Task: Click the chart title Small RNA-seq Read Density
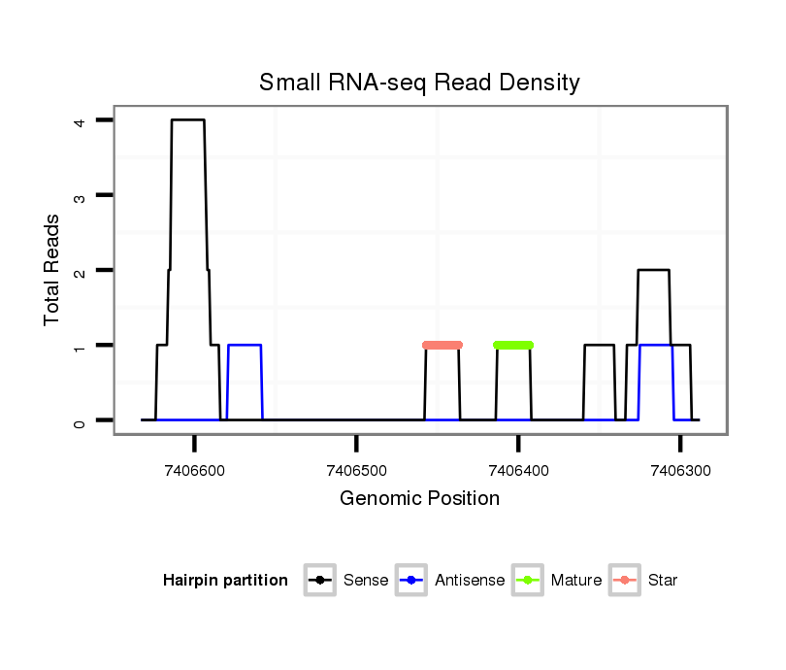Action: pos(419,83)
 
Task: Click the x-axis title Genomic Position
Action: pos(419,499)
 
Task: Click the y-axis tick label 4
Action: pos(79,120)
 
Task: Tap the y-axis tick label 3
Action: pos(79,195)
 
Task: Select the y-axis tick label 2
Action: pos(79,270)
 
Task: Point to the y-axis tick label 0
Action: pos(79,420)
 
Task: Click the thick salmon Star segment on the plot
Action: pos(442,345)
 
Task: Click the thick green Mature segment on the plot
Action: pos(513,345)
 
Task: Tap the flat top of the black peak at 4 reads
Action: pos(188,120)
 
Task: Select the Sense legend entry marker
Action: pos(319,581)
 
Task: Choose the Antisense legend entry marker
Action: pos(411,581)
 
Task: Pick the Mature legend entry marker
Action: pos(528,581)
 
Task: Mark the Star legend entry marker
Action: pos(625,581)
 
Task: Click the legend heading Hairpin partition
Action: pos(225,581)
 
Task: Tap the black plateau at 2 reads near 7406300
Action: pos(653,270)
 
